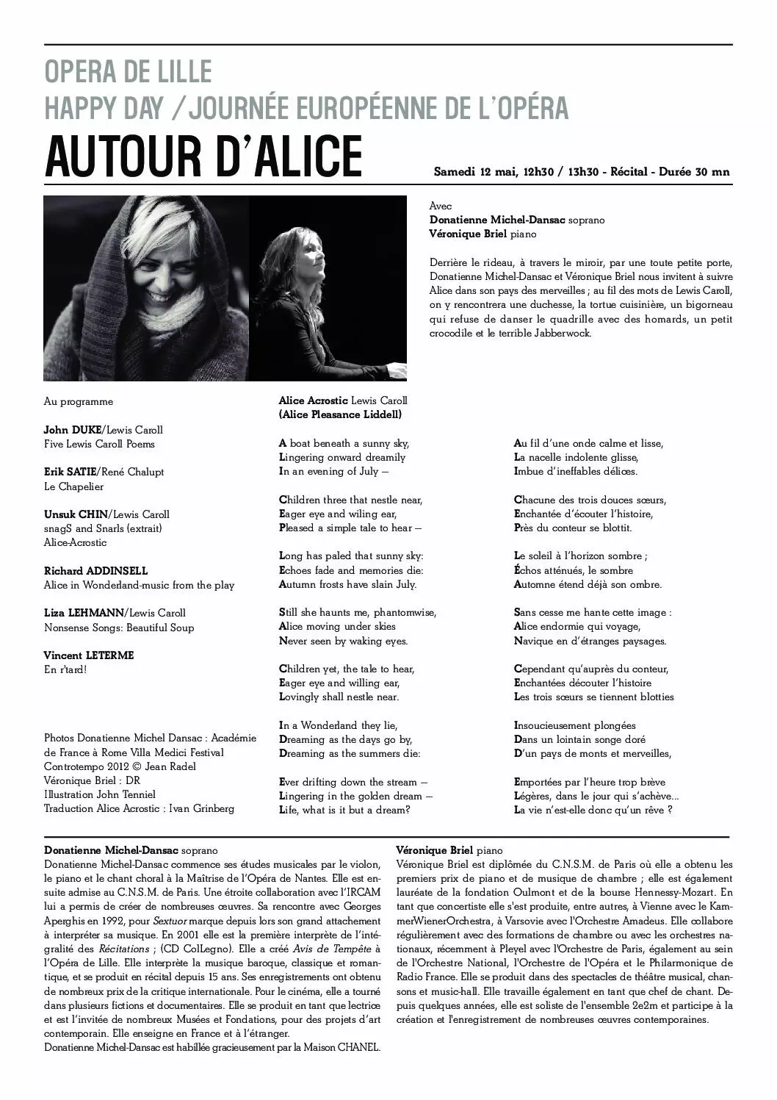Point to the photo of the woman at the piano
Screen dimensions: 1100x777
(328, 288)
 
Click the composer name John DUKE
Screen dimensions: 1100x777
(72, 430)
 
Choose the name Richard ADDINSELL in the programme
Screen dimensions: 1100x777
(95, 571)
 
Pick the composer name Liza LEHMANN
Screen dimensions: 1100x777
(84, 613)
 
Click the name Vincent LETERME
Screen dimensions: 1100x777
(89, 655)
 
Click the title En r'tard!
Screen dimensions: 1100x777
(65, 669)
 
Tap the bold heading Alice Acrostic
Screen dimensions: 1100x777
(313, 401)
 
